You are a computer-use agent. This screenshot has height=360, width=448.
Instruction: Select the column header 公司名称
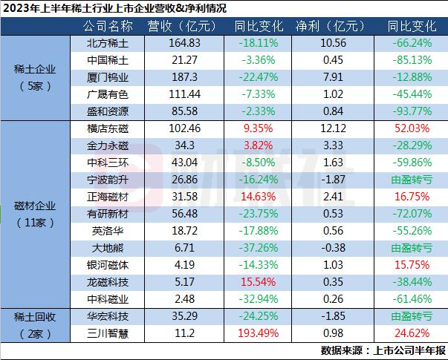(105, 27)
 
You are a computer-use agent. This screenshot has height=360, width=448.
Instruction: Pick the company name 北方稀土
(105, 44)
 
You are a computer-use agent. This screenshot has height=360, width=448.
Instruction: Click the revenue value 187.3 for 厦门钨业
(181, 78)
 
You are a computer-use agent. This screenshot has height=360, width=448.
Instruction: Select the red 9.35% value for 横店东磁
(253, 128)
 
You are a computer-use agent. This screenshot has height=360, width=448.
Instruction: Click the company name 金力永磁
(105, 145)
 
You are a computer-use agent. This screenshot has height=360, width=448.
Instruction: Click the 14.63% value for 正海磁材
(253, 197)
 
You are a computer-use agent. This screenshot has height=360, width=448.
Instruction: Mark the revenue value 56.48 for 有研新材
(181, 214)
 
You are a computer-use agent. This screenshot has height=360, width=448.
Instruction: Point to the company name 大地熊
(105, 248)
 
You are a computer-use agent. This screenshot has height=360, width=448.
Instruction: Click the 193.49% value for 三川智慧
(253, 333)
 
